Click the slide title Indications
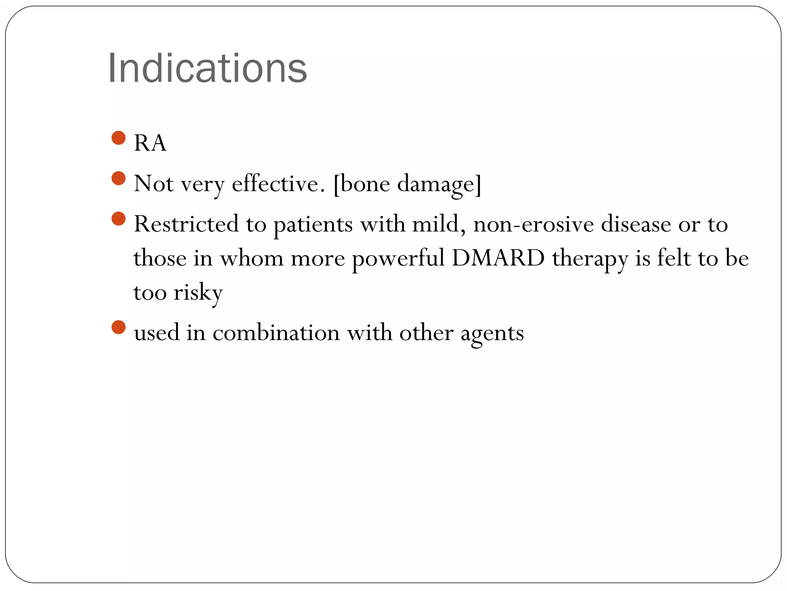[x=208, y=68]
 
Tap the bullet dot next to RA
[x=118, y=138]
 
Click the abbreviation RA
[x=150, y=143]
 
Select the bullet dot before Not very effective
[x=118, y=178]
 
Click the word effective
[x=275, y=184]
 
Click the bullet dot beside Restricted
[x=118, y=219]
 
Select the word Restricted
[x=186, y=224]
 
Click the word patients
[x=313, y=225]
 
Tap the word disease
[x=636, y=224]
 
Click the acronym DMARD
[x=498, y=258]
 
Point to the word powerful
[x=398, y=259]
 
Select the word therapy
[x=590, y=259]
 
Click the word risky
[x=198, y=292]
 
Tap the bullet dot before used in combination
[x=118, y=327]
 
